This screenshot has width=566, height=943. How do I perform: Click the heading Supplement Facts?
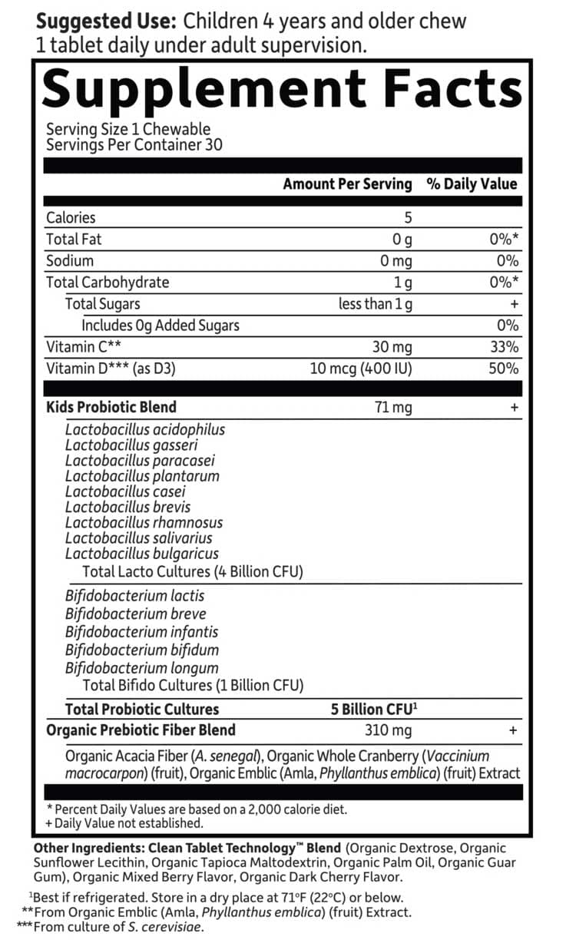point(282,90)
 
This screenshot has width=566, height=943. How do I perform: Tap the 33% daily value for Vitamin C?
point(504,347)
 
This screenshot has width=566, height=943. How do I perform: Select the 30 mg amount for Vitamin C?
point(394,347)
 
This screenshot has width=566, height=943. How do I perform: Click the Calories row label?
point(71,218)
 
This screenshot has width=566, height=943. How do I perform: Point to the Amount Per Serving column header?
point(347,184)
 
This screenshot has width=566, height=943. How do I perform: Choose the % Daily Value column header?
point(472,184)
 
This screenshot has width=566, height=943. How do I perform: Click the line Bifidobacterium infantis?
point(141,632)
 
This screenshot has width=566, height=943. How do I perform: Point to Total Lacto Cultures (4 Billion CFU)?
point(192,572)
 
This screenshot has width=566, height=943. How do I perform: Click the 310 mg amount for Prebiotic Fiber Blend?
point(388,730)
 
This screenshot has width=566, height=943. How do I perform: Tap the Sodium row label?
point(70,260)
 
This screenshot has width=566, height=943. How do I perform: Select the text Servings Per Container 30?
point(134,144)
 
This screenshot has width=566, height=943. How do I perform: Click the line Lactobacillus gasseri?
point(131,445)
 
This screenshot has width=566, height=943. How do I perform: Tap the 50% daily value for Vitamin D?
point(504,369)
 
